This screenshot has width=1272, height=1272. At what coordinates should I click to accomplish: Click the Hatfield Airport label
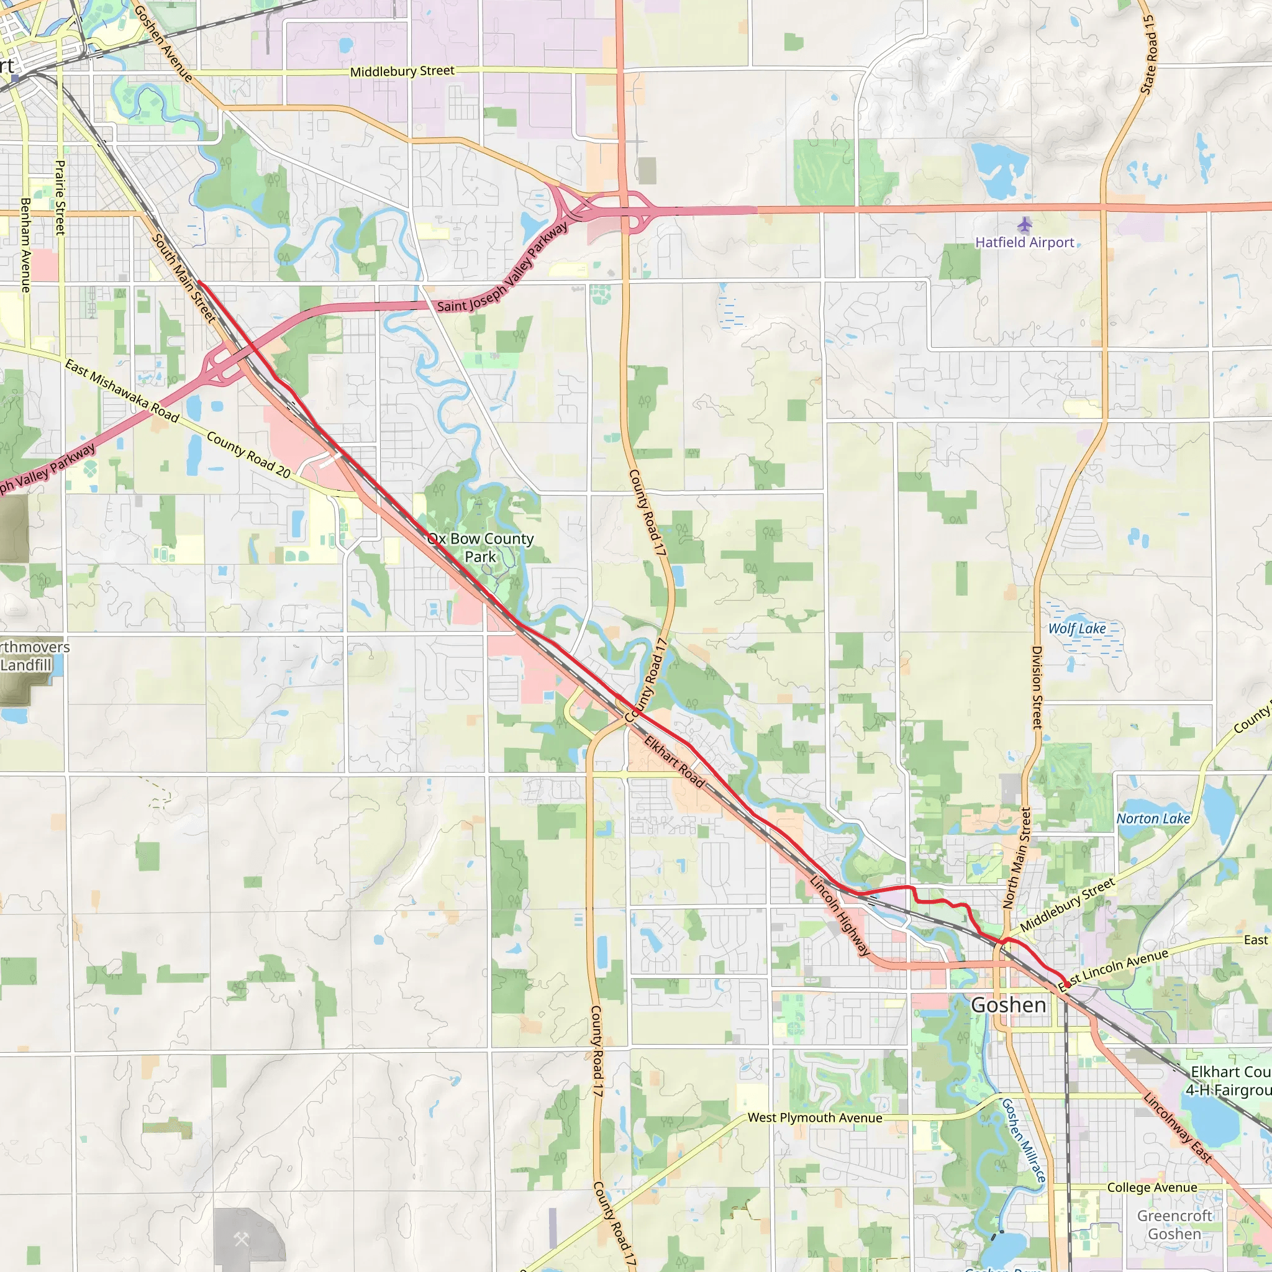(1024, 242)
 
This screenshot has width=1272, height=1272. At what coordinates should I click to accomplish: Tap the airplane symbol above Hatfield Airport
(1024, 225)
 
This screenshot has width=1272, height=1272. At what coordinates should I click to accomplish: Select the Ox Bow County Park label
(481, 547)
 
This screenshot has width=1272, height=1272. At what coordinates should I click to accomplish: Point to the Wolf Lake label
(1077, 628)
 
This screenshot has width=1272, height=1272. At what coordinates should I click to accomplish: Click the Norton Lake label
(1153, 819)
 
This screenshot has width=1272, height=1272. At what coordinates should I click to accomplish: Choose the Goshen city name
(1009, 1005)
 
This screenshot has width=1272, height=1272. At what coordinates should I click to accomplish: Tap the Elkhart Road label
(674, 761)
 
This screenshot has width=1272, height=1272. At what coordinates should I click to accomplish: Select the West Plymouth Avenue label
(814, 1117)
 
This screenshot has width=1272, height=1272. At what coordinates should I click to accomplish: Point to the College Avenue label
(1152, 1187)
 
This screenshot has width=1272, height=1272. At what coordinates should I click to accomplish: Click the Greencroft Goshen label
(1174, 1225)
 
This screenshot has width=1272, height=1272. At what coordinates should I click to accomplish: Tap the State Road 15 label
(1149, 55)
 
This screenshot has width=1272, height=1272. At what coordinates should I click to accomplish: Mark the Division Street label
(1037, 688)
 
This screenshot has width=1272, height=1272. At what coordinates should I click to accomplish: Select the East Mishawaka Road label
(122, 391)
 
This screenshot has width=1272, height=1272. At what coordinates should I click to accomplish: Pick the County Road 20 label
(248, 454)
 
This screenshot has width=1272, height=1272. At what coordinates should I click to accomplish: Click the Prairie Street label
(60, 198)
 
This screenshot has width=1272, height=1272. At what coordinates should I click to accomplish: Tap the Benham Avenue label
(25, 245)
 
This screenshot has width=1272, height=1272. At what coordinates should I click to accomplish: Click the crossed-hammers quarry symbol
(241, 1240)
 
